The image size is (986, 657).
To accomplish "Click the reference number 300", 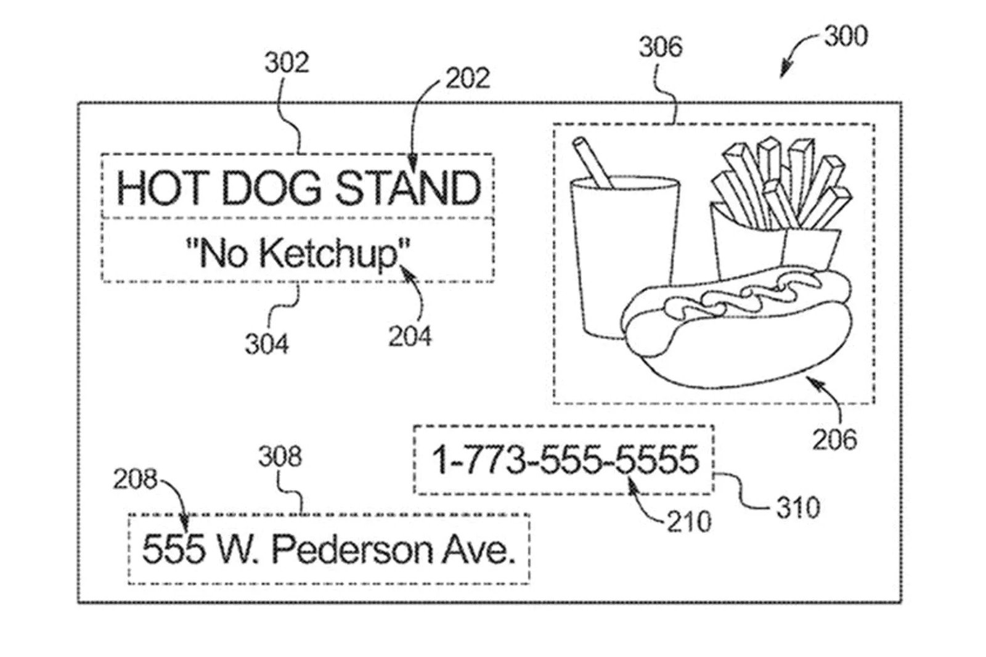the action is point(846,36).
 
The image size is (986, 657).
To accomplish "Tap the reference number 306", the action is point(661,47).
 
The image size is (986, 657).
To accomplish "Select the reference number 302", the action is point(287,62).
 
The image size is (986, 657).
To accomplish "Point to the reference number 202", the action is point(468,78).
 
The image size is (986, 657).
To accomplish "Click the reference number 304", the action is point(267,344).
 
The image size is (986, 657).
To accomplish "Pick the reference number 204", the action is point(410,336).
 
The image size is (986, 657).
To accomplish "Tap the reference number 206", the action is point(834,439).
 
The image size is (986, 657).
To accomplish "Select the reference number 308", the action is point(280,457).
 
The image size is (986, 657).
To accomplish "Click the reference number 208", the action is point(135,479).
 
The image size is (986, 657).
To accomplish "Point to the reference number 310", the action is point(798,507).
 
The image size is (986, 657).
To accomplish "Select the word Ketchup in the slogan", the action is point(328,254).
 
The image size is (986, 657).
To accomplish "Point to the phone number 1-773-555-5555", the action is point(566,460).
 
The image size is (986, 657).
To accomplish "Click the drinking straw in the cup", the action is point(592,162).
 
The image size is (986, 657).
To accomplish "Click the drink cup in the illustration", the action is point(625,258).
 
